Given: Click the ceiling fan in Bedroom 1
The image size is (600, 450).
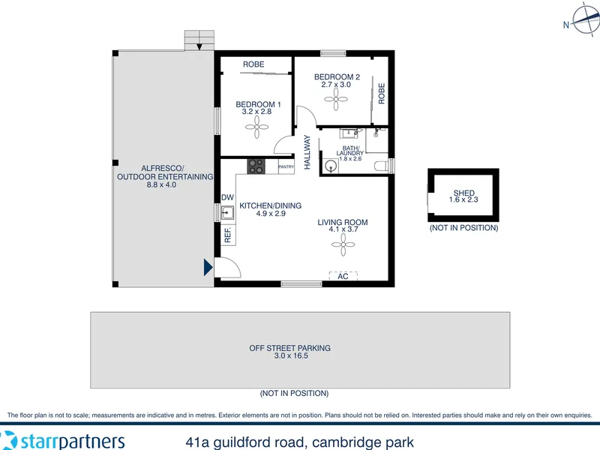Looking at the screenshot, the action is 256,127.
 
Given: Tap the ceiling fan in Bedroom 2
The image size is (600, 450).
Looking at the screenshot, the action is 336,100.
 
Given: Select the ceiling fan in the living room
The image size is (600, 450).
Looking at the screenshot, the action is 343,244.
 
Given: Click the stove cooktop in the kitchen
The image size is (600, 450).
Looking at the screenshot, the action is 256,166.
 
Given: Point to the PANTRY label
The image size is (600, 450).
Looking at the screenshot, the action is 286,166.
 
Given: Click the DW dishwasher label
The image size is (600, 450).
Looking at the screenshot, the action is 227,197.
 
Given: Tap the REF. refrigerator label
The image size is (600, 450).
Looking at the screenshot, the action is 228,235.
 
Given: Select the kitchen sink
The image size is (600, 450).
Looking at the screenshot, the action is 227,212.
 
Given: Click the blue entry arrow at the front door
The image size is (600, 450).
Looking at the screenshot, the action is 208,267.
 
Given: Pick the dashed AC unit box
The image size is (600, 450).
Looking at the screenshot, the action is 343,276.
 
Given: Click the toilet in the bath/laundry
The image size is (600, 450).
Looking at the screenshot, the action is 381,166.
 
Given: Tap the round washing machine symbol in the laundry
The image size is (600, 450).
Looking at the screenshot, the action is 330,166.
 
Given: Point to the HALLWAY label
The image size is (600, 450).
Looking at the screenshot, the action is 307,152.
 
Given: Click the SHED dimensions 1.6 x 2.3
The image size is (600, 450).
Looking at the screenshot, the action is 463,199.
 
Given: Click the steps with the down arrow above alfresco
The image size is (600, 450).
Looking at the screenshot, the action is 199,40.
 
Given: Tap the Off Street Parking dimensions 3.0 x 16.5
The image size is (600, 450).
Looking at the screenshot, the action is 291,355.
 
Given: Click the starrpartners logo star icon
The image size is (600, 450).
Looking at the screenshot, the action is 8,440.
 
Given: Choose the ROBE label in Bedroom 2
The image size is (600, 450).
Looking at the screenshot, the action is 382,93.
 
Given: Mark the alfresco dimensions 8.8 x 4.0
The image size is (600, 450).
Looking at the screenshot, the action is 161,184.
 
